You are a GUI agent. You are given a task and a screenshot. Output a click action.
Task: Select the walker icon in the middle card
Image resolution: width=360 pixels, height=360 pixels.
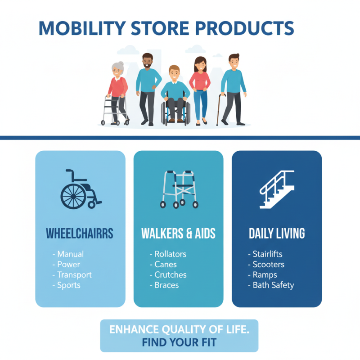point(179,189)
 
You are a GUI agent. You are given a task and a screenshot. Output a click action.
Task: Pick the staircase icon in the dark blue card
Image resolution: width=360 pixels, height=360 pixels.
point(277,189)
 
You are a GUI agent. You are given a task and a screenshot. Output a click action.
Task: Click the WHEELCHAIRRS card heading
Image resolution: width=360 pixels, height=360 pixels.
point(80,234)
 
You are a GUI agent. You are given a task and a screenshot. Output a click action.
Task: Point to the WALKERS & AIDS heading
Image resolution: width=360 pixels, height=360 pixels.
point(178,234)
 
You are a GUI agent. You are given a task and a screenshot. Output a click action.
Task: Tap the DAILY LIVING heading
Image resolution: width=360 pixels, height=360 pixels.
point(277,234)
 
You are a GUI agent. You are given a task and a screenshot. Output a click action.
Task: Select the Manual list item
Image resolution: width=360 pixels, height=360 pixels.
point(70,254)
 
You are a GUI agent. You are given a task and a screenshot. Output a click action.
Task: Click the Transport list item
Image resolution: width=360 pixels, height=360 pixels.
point(74,275)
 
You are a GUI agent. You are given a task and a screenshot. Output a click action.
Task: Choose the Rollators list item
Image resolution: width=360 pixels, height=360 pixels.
point(170,254)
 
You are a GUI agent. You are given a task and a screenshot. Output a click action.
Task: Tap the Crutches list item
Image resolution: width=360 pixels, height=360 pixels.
point(170,275)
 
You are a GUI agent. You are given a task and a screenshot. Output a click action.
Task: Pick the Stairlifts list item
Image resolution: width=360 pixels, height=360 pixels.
point(267,254)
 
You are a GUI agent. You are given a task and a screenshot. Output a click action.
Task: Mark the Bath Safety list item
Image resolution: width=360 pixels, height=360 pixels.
point(273,285)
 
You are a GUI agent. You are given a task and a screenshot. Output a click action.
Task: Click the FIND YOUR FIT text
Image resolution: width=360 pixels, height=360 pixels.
point(179,342)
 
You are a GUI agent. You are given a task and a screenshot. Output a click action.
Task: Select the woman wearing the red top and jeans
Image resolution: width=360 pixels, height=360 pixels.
point(199,88)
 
